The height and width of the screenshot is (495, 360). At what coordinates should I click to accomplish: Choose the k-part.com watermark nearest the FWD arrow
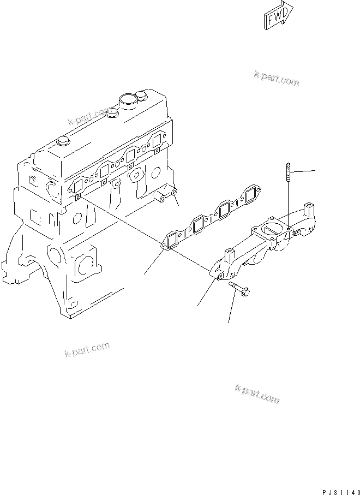(277, 80)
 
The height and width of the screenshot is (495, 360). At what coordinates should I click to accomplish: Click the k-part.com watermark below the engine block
(87, 348)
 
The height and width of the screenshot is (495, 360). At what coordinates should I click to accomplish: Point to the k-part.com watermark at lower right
(257, 393)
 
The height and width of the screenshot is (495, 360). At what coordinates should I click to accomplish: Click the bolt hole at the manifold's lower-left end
(219, 278)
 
